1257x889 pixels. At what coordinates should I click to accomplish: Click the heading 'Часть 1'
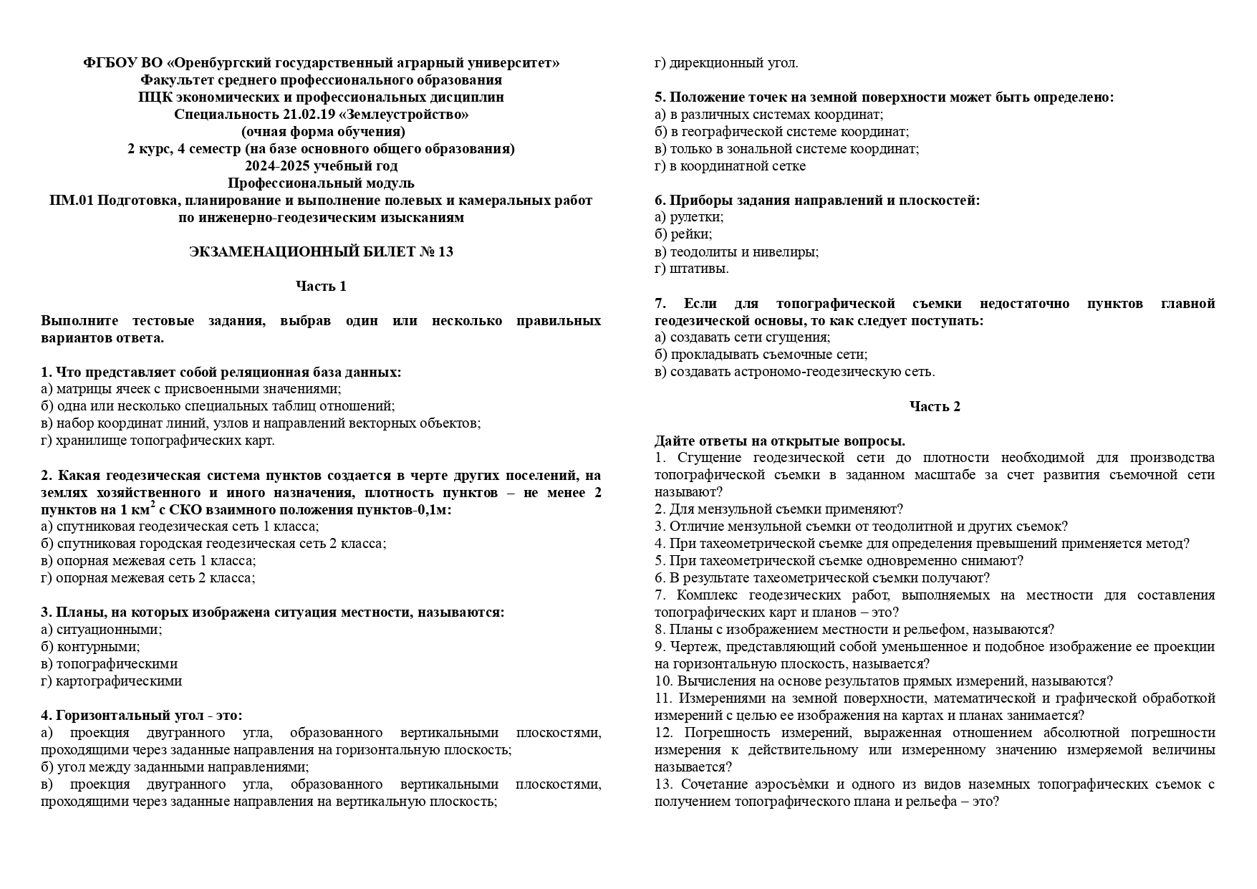pos(321,287)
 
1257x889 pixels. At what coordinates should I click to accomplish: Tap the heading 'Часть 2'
pos(935,407)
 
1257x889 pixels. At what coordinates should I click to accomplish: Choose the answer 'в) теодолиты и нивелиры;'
pos(736,252)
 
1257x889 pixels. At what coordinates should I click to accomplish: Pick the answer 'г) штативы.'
pos(692,269)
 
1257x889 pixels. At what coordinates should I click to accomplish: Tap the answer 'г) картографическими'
pos(112,681)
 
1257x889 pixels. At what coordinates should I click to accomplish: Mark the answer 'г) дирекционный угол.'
pos(726,63)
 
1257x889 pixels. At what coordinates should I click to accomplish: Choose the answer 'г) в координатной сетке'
pos(730,166)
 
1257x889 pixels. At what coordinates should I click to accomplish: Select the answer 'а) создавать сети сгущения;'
pos(742,337)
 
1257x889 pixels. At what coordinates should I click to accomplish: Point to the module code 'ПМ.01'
pos(71,201)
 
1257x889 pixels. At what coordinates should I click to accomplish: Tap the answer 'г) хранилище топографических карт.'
pos(158,441)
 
